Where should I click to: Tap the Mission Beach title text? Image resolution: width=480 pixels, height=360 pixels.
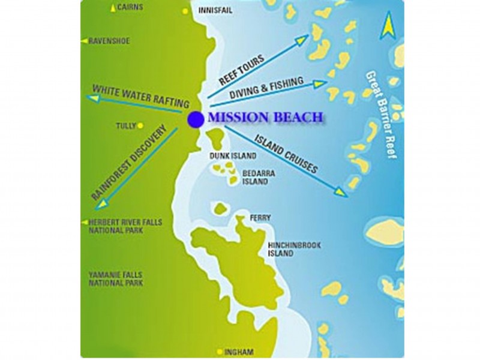[x=266, y=118]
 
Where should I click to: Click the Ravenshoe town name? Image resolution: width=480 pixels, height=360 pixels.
[x=109, y=41]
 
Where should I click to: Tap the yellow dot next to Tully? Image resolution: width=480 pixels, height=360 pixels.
[x=140, y=126]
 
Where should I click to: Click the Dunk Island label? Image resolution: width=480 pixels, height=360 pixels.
[x=233, y=156]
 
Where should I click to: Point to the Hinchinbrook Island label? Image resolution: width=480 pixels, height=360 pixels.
[x=289, y=250]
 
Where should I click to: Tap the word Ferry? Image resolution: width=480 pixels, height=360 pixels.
[x=260, y=218]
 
